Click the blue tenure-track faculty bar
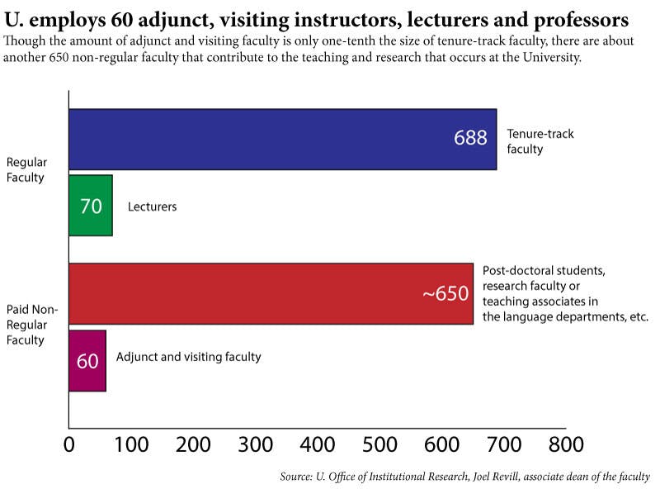[x=280, y=139]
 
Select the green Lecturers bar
[x=90, y=206]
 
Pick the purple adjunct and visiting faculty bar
[x=87, y=360]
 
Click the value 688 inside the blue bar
[x=470, y=138]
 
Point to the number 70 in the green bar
[x=91, y=206]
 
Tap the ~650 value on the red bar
[x=445, y=294]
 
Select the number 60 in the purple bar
[x=87, y=361]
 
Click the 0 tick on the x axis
[x=69, y=444]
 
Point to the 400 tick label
[x=318, y=444]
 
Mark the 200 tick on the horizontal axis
[x=193, y=444]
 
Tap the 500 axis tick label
[x=379, y=444]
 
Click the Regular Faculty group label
[x=26, y=169]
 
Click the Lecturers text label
[x=152, y=207]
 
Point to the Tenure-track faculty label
[x=540, y=141]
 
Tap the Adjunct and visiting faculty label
[x=188, y=357]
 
